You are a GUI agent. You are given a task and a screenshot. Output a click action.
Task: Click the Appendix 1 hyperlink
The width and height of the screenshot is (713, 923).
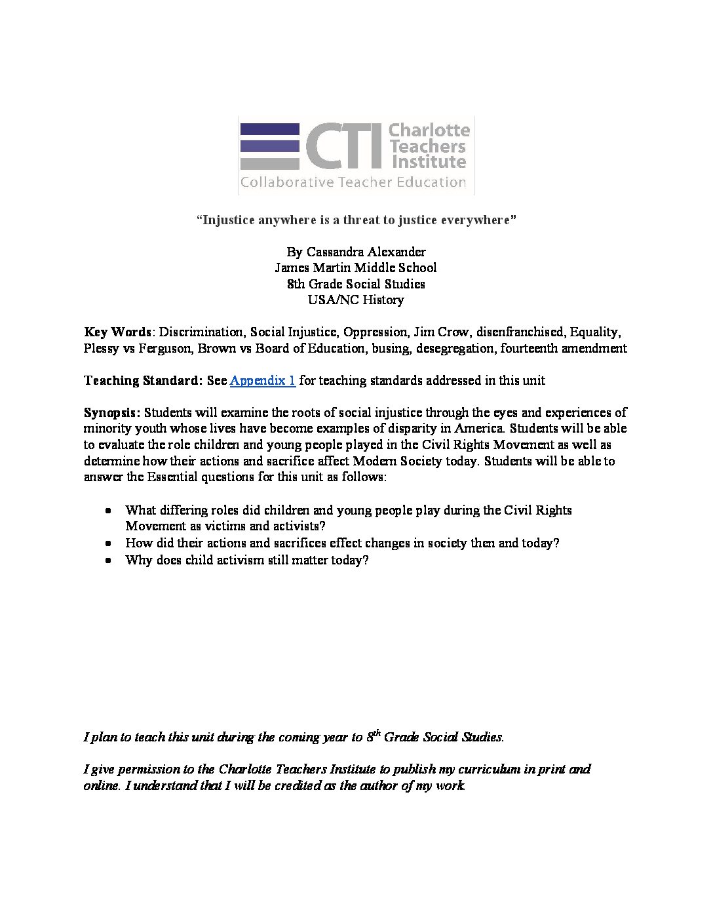262,381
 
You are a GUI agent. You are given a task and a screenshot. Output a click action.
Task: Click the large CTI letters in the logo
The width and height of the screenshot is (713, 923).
343,146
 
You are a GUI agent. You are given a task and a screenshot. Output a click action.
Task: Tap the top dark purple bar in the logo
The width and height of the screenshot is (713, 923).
270,129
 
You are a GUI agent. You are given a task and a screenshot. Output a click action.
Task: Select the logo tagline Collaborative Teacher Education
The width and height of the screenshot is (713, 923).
353,182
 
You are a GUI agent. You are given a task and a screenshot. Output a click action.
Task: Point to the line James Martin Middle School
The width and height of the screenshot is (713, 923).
355,267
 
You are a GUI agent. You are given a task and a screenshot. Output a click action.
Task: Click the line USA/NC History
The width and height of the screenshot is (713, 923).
356,300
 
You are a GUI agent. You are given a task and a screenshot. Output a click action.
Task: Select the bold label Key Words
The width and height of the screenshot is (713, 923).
117,332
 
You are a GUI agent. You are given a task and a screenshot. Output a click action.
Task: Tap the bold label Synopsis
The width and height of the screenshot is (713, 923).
111,413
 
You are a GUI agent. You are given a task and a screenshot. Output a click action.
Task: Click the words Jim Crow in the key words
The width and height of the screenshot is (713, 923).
440,332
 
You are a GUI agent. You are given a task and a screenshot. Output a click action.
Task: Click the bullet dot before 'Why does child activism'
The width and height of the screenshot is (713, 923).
108,560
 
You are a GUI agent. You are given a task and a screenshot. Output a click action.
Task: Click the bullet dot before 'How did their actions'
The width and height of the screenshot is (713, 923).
108,543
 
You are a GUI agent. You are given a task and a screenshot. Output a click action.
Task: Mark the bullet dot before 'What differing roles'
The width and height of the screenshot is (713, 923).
108,511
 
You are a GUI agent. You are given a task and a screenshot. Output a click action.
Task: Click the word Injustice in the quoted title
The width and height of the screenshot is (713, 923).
229,220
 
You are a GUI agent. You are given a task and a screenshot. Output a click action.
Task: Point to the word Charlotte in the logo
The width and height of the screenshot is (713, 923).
429,130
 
